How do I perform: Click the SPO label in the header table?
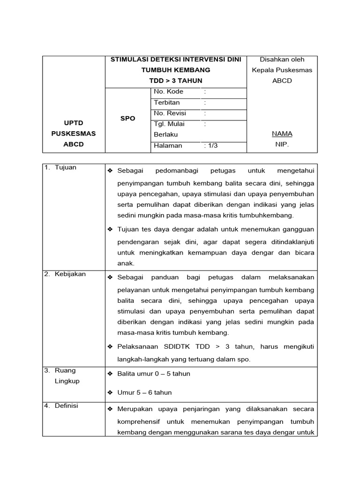tap(127, 119)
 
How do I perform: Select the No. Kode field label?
tap(168, 92)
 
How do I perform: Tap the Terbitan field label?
tap(166, 103)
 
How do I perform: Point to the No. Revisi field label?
tap(170, 113)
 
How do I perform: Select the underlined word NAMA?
tap(282, 134)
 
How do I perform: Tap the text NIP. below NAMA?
tap(282, 145)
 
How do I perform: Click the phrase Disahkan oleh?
tap(282, 60)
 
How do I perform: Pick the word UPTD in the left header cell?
tap(73, 123)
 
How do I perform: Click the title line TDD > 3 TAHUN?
tap(176, 81)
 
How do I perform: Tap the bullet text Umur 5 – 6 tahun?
tap(144, 393)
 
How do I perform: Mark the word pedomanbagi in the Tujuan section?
tap(173, 171)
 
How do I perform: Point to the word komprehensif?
tap(142, 421)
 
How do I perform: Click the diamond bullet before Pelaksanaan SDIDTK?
tap(110, 346)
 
